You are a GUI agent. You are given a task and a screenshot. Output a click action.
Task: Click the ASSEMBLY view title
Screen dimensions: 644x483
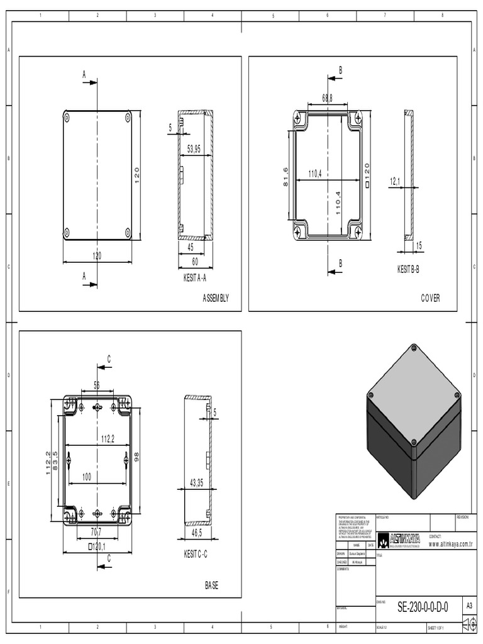(x=216, y=298)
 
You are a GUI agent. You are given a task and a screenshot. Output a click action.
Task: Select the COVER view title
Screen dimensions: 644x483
(x=430, y=298)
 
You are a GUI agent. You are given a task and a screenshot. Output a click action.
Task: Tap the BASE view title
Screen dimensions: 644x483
(x=212, y=586)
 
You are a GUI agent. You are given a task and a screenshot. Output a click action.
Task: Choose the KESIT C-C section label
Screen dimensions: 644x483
(x=195, y=554)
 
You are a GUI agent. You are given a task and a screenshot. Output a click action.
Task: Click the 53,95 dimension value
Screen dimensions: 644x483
(x=194, y=149)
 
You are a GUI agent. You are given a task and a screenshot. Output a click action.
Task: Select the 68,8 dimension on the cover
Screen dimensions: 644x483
(x=327, y=98)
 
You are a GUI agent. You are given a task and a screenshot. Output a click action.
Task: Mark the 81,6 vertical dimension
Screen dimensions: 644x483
(x=286, y=178)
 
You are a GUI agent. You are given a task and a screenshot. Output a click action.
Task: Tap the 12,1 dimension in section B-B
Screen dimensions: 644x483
(x=395, y=182)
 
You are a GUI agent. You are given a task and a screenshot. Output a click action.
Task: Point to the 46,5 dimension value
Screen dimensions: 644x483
(x=197, y=532)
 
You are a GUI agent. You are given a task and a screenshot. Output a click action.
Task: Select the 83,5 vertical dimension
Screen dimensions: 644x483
(x=55, y=463)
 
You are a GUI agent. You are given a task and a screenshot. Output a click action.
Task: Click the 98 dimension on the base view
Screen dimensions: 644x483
(x=136, y=456)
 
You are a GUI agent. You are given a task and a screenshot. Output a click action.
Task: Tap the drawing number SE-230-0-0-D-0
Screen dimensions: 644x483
(x=423, y=607)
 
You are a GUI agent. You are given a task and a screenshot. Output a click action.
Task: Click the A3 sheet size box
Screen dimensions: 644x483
(x=469, y=606)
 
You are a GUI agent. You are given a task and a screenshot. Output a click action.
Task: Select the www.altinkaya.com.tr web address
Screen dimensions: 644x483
(x=450, y=544)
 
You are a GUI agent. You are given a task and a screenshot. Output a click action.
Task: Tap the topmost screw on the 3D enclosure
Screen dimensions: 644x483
(x=413, y=347)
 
